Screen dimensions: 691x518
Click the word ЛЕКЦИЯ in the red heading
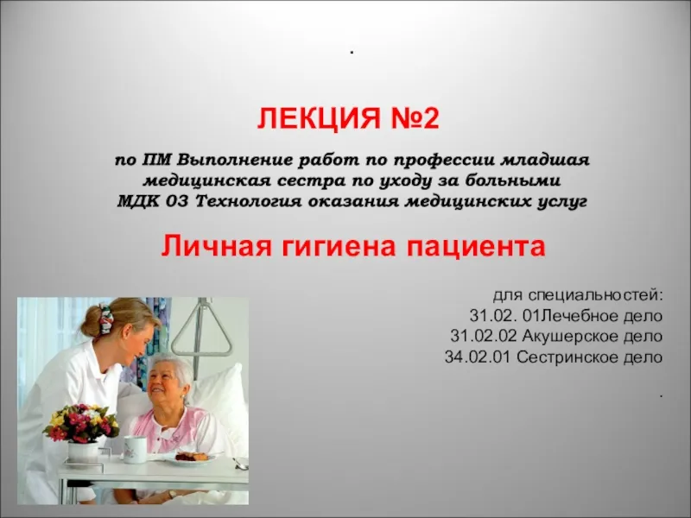tap(319, 118)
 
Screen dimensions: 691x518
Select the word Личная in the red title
tap(216, 246)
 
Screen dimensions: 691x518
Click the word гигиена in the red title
tap(339, 248)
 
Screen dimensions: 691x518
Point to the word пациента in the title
tap(476, 248)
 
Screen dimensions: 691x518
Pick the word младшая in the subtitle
tap(545, 160)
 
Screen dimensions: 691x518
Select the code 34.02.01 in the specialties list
tap(478, 357)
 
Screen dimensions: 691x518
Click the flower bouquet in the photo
tap(80, 423)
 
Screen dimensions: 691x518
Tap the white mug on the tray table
tap(134, 450)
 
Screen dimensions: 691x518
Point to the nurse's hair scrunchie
tap(105, 318)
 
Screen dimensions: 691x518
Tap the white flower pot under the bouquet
tap(83, 452)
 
